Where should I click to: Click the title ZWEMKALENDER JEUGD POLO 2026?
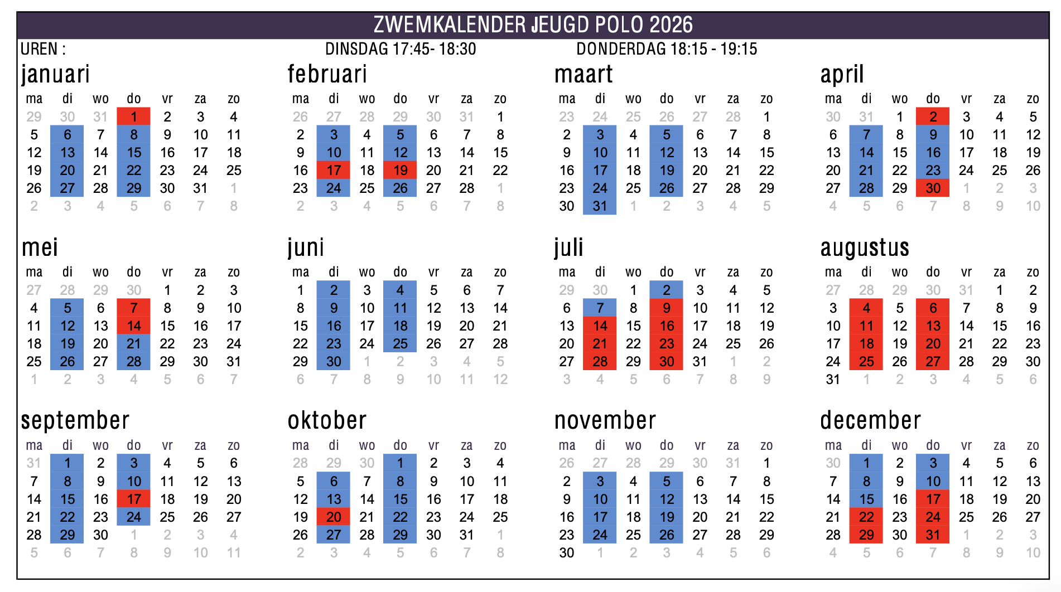pos(533,25)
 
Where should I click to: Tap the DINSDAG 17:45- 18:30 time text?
pos(401,49)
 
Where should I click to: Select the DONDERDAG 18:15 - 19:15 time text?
pos(667,49)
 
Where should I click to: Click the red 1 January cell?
pos(134,117)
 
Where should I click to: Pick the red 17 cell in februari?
pos(334,170)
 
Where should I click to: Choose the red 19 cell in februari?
pos(400,170)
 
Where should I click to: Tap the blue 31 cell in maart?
pos(600,206)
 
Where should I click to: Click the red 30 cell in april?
pos(933,188)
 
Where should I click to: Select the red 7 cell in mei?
pos(134,308)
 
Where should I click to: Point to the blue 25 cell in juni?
pos(400,343)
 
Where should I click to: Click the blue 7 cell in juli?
pos(600,308)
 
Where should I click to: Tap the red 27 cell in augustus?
pos(933,361)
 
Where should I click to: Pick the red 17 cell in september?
pos(134,499)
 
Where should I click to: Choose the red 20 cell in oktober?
pos(334,517)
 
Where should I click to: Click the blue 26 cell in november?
pos(667,535)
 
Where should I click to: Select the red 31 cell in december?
pos(933,535)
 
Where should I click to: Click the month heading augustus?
pos(865,248)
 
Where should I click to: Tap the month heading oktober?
pos(327,420)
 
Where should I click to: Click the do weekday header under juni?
pos(400,272)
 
